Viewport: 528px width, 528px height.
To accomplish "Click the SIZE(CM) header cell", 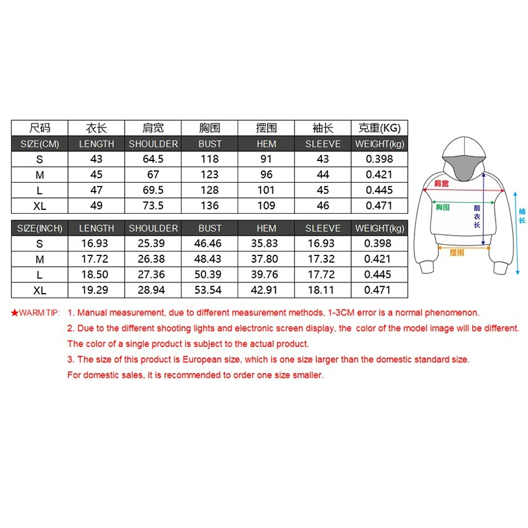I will tap(40, 144).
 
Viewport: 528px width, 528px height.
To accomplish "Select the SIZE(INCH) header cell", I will tap(40, 228).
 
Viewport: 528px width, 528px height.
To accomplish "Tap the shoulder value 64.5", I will tap(153, 159).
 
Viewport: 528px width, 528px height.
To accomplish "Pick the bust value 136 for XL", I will tap(210, 205).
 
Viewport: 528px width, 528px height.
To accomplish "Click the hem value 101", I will tap(267, 190).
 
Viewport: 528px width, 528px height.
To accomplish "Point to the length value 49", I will tap(96, 205).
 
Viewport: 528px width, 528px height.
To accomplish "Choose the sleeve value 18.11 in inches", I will tap(323, 290).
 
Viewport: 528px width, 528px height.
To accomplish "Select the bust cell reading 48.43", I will tap(210, 259).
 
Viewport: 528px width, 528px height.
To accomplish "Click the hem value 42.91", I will tap(267, 290).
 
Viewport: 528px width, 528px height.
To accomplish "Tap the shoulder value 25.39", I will tap(153, 244).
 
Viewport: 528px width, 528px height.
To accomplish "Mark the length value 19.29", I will tap(96, 290).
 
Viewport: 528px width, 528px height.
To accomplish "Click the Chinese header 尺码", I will tap(40, 128).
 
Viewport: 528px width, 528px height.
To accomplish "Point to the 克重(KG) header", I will tap(379, 128).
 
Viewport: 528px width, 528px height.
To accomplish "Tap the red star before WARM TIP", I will tap(15, 313).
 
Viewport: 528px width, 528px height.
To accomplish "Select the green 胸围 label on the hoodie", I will tap(442, 207).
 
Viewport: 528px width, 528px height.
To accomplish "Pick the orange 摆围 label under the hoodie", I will tap(457, 252).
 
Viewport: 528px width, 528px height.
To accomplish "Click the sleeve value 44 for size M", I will tap(323, 175).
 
